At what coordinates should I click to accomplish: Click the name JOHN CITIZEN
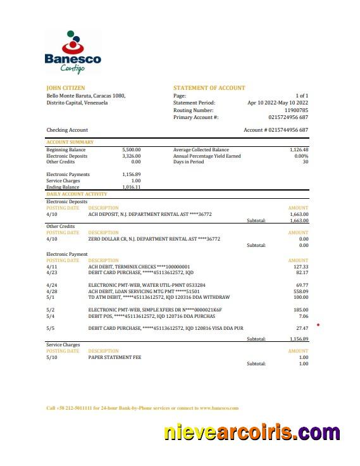66,88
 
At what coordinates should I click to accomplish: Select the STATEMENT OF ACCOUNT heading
209,88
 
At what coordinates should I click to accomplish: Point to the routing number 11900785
295,110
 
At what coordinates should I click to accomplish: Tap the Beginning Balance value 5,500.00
131,150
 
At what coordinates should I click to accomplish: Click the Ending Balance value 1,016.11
131,187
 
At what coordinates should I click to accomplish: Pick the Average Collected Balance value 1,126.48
295,150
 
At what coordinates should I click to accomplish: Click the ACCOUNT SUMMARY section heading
70,142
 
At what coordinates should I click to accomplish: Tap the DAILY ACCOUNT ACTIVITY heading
77,194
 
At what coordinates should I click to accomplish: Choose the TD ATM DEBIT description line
159,297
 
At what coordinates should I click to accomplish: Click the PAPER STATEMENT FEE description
115,357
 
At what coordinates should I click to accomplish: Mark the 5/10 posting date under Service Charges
52,357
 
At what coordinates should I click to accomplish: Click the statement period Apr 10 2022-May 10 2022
277,103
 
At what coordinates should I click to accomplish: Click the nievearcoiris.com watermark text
252,433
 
